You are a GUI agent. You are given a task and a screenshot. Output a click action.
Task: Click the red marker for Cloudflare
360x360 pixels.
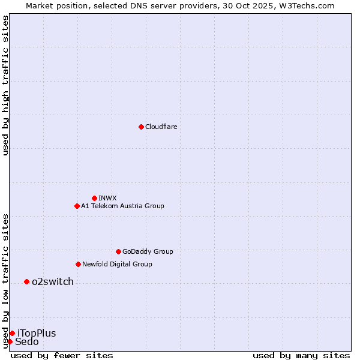coord(141,127)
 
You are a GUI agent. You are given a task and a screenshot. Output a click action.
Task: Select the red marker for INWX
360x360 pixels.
coord(94,198)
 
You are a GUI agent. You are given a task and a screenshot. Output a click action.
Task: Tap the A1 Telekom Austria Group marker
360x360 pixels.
coord(77,206)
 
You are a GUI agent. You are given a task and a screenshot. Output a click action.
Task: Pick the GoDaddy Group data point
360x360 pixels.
coord(118,251)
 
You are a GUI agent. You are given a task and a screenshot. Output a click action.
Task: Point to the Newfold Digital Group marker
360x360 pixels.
coord(78,264)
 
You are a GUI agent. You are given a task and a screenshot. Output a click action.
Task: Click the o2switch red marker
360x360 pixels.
coord(26,281)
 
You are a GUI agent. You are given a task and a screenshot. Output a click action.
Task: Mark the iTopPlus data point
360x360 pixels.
coord(12,333)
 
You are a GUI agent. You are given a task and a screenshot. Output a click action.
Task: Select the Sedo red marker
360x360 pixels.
coord(10,341)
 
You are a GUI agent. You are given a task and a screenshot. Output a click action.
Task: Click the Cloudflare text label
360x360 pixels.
coord(161,127)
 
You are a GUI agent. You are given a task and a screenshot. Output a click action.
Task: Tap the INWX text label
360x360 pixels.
coord(107,198)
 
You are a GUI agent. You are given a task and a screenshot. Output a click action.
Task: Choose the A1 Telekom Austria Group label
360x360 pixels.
coord(122,206)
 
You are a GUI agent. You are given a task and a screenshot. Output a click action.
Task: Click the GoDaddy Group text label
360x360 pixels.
coord(148,251)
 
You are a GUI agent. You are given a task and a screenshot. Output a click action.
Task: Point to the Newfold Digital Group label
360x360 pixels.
coord(117,264)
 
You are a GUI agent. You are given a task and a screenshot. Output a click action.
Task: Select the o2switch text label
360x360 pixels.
coord(53,281)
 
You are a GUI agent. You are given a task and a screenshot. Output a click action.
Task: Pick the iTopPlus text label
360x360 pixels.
coord(37,333)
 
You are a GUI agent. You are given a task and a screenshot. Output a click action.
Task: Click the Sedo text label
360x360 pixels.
coord(27,341)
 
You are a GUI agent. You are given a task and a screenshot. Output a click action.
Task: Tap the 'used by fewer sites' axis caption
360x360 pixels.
coord(62,355)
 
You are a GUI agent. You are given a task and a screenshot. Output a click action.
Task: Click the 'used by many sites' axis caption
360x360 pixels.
coord(301,355)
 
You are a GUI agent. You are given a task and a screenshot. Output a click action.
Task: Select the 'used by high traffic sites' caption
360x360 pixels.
coord(5,85)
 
